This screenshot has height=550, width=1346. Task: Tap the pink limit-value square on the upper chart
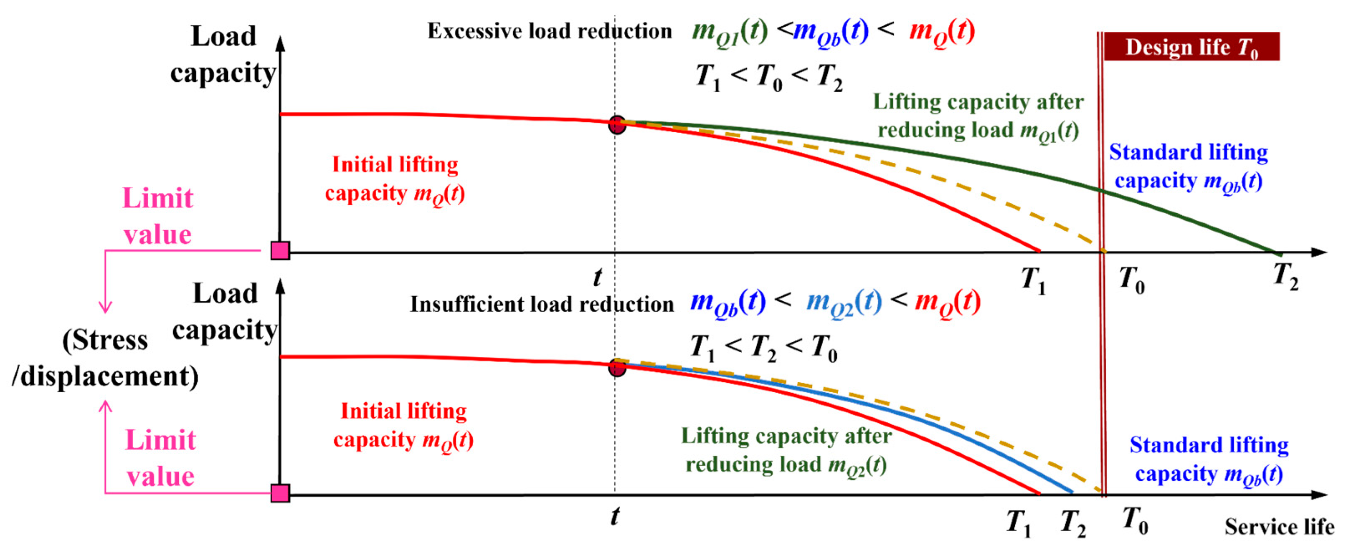point(280,251)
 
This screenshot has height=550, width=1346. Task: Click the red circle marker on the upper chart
point(617,125)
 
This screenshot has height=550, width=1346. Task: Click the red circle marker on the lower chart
point(617,368)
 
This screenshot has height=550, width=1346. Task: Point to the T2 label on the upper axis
point(1286,276)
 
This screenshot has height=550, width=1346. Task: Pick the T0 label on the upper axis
point(1132,280)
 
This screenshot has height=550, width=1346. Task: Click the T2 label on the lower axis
point(1073,523)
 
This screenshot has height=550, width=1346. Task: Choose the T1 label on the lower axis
point(1019,523)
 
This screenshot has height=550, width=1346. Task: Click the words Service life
point(1279,527)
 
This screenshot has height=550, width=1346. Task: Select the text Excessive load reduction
point(550,31)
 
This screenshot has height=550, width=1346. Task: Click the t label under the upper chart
point(597,277)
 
